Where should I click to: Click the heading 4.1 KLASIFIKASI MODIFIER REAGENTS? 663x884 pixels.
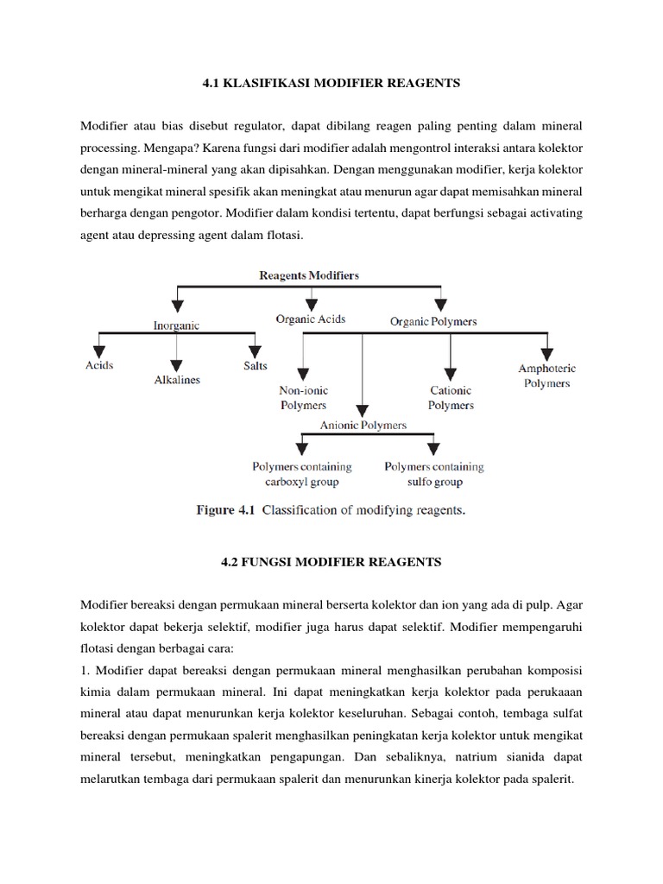pyautogui.click(x=331, y=84)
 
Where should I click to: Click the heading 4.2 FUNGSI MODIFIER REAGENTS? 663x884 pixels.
pyautogui.click(x=331, y=562)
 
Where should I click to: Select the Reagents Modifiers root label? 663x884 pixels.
pyautogui.click(x=309, y=275)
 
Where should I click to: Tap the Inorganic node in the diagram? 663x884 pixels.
pyautogui.click(x=177, y=325)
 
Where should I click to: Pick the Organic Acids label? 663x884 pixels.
pyautogui.click(x=311, y=319)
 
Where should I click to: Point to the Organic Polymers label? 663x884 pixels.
pyautogui.click(x=433, y=321)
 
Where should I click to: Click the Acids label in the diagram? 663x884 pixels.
pyautogui.click(x=98, y=365)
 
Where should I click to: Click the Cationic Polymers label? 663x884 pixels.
pyautogui.click(x=451, y=397)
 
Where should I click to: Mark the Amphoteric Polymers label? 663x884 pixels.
pyautogui.click(x=546, y=376)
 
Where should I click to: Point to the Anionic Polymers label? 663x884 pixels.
pyautogui.click(x=363, y=425)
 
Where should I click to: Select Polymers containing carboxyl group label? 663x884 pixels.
pyautogui.click(x=302, y=474)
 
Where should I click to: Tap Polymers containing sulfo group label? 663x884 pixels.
pyautogui.click(x=434, y=474)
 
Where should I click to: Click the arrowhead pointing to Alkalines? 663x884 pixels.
pyautogui.click(x=177, y=363)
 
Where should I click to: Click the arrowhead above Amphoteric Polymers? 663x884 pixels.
pyautogui.click(x=546, y=351)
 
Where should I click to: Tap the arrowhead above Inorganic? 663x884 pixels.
pyautogui.click(x=177, y=305)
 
